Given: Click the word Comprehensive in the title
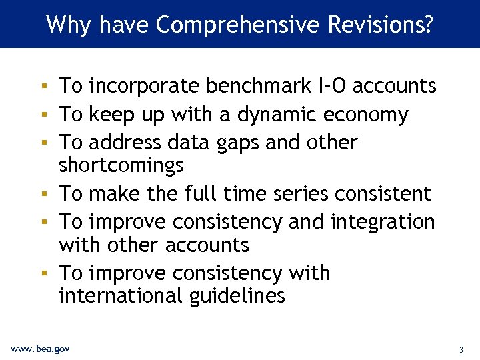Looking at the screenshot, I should click(x=239, y=25).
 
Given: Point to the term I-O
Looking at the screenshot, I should click(x=331, y=86).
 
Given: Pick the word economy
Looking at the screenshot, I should click(x=366, y=115).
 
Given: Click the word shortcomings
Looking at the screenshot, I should click(x=121, y=165).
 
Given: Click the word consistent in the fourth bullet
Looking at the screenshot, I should click(x=383, y=194).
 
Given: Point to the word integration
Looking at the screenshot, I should click(x=379, y=222).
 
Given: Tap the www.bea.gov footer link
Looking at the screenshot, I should click(x=40, y=349).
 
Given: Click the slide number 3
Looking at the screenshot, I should click(x=461, y=349).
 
